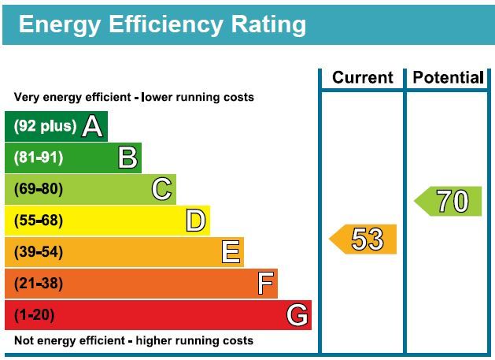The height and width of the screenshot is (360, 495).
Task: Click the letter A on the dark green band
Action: [x=93, y=126]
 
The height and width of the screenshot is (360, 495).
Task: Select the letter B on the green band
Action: [x=127, y=158]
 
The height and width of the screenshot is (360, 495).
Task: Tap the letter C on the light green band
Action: [x=161, y=189]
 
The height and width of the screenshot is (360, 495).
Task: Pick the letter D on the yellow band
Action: [x=195, y=221]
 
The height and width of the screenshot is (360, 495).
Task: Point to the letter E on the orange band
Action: [x=230, y=252]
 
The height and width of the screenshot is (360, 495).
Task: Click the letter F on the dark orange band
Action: [x=266, y=284]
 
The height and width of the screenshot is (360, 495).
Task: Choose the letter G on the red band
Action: [x=297, y=315]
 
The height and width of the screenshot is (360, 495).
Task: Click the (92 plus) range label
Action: [x=46, y=126]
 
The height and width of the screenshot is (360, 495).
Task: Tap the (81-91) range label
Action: [x=39, y=158]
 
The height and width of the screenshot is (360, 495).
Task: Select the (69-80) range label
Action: [x=39, y=189]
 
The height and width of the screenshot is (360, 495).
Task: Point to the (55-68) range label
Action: [x=39, y=221]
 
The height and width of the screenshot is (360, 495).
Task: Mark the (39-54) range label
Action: [x=39, y=252]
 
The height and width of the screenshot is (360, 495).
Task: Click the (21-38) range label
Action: [x=39, y=284]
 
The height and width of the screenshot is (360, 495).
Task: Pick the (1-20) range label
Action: [x=35, y=315]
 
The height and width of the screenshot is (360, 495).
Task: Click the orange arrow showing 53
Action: [x=364, y=239]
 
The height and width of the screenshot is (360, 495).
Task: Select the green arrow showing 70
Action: [x=449, y=202]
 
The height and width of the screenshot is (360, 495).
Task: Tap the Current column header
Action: [x=362, y=77]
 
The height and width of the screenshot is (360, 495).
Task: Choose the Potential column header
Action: [x=448, y=77]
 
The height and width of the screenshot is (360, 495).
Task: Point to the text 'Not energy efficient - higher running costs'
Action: [x=134, y=341]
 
